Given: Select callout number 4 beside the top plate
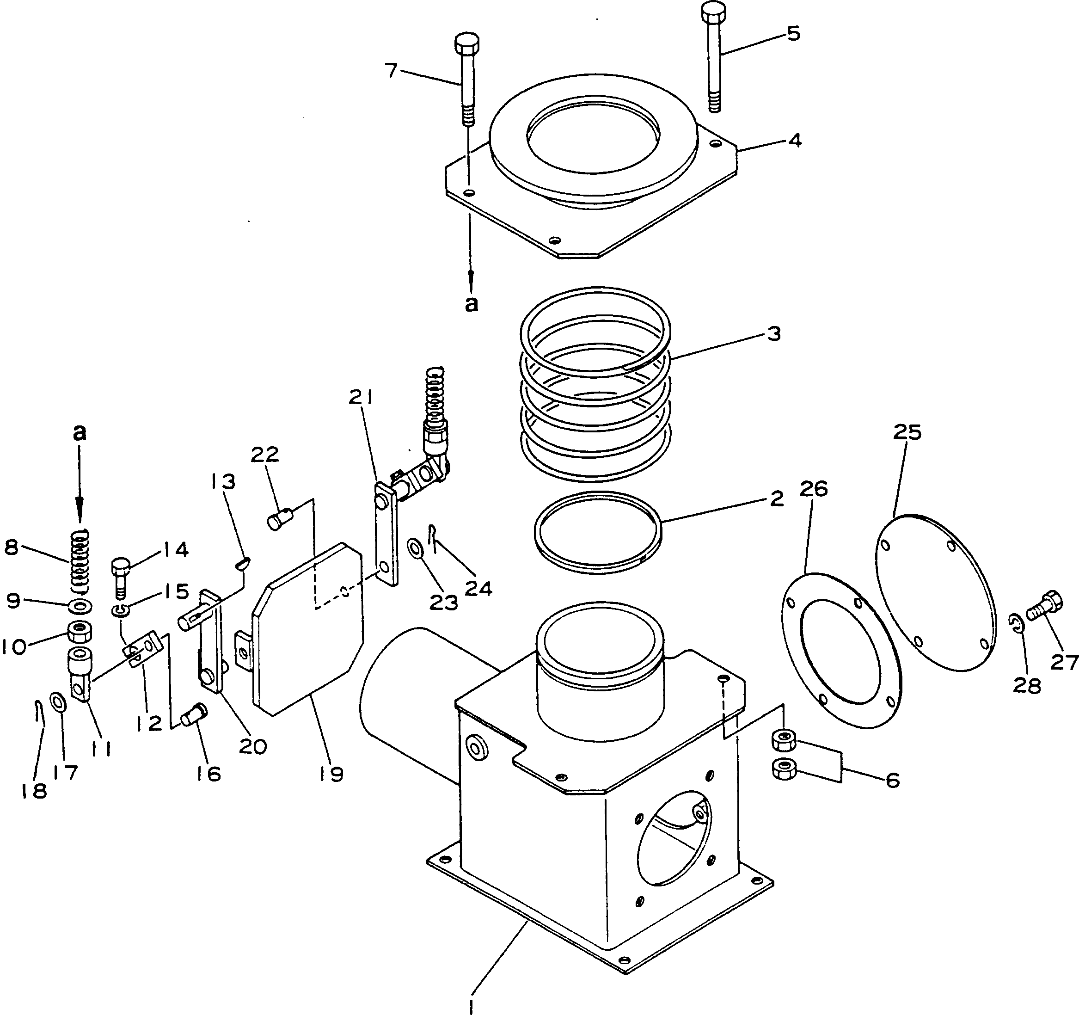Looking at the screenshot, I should [795, 141].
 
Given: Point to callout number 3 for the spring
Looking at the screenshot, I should [774, 333].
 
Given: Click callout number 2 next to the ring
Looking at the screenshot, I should [777, 498].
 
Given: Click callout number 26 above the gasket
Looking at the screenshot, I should [814, 489].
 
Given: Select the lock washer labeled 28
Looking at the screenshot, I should [1017, 624].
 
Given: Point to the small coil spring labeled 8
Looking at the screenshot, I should [80, 562].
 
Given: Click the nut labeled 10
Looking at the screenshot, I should [79, 631].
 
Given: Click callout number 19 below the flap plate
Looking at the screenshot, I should [331, 774].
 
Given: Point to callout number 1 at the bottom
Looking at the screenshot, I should [471, 1005].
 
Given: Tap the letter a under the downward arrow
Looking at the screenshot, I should [472, 304].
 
